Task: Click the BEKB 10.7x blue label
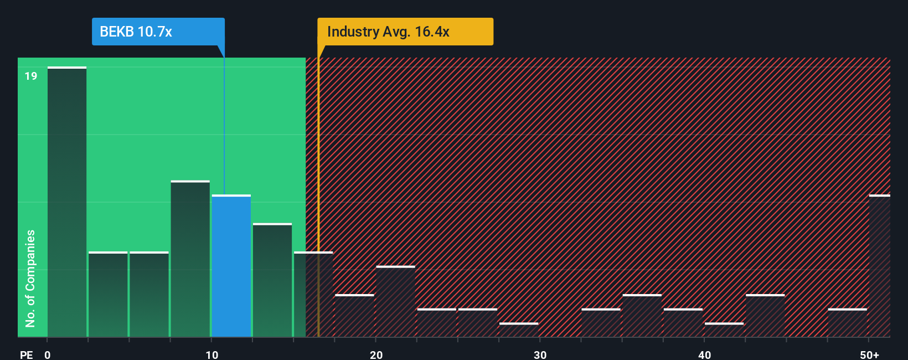(158, 32)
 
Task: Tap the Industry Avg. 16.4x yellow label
(405, 32)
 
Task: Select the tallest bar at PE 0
(67, 202)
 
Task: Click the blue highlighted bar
(231, 266)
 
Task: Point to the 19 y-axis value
(31, 76)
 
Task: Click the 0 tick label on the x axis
(48, 354)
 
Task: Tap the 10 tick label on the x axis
(212, 354)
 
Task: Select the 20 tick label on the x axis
(376, 354)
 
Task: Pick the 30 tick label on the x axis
(540, 354)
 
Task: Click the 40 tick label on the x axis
(704, 354)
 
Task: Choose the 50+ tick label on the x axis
(869, 354)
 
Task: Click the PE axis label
(26, 354)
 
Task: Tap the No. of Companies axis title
(30, 278)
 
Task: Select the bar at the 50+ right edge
(879, 266)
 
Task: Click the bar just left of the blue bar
(190, 259)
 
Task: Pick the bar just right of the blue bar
(272, 280)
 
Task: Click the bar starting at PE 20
(395, 302)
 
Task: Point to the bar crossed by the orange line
(313, 295)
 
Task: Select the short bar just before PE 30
(519, 330)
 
